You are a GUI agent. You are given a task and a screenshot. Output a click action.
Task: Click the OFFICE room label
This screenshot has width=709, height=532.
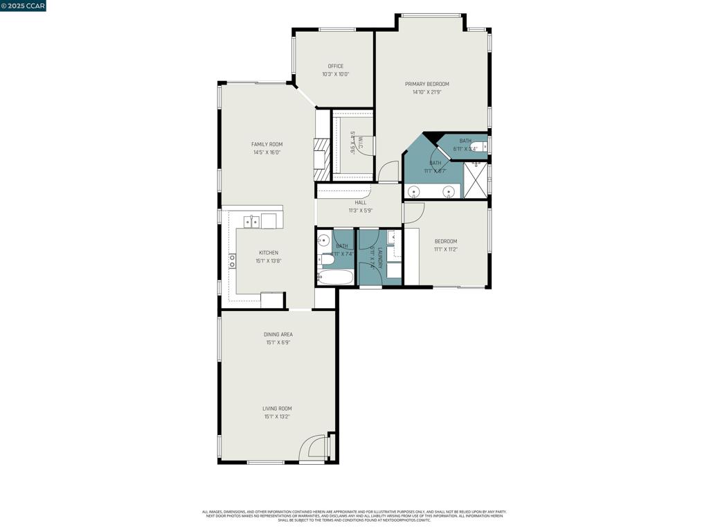pyautogui.click(x=335, y=66)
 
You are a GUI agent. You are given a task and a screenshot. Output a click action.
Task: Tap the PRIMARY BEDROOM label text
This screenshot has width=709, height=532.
pyautogui.click(x=427, y=84)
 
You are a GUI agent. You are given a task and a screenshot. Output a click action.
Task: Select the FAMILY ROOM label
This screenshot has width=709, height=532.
pyautogui.click(x=267, y=144)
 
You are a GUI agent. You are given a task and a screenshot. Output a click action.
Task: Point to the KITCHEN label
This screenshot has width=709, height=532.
pyautogui.click(x=269, y=253)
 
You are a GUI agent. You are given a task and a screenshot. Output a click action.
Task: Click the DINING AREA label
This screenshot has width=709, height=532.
pyautogui.click(x=278, y=335)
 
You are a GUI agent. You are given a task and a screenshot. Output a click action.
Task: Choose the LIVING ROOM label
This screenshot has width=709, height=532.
pyautogui.click(x=277, y=409)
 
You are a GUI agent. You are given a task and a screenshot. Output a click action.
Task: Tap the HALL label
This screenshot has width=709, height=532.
pyautogui.click(x=360, y=202)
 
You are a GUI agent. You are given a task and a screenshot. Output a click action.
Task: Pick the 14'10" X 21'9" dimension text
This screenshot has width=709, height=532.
pyautogui.click(x=427, y=92)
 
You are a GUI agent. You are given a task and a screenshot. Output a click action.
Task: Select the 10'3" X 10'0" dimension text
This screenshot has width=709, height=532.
pyautogui.click(x=335, y=74)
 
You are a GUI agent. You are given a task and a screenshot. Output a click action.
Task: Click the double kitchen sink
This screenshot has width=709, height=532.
pyautogui.click(x=251, y=222)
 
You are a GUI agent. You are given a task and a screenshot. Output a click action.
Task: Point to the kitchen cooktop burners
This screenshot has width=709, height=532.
pyautogui.click(x=232, y=261)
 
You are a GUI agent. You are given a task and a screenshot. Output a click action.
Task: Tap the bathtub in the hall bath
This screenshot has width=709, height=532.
pyautogui.click(x=336, y=278)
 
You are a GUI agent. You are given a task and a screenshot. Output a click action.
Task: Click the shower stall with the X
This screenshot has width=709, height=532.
pyautogui.click(x=475, y=179)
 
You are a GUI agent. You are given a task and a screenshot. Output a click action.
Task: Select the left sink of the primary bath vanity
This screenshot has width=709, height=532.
pyautogui.click(x=414, y=191)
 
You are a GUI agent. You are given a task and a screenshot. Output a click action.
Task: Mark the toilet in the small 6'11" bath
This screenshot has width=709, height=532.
pyautogui.click(x=479, y=145)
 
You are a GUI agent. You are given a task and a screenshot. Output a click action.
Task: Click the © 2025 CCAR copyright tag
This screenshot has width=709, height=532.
pyautogui.click(x=23, y=6)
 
